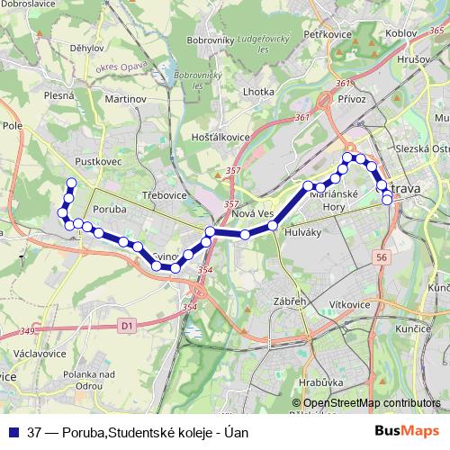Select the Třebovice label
pyautogui.click(x=162, y=194)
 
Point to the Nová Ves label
pyautogui.click(x=252, y=212)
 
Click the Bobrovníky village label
pyautogui.click(x=210, y=40)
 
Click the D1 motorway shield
pyautogui.click(x=127, y=324)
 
